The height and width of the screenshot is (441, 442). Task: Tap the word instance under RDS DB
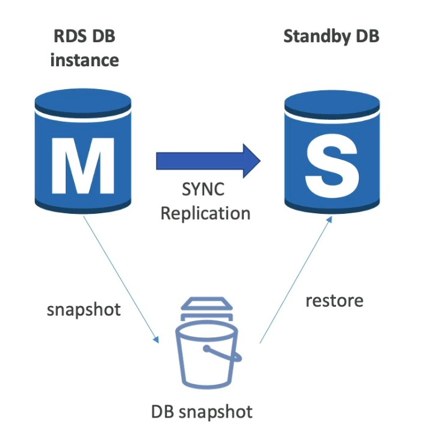pyautogui.click(x=84, y=60)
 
